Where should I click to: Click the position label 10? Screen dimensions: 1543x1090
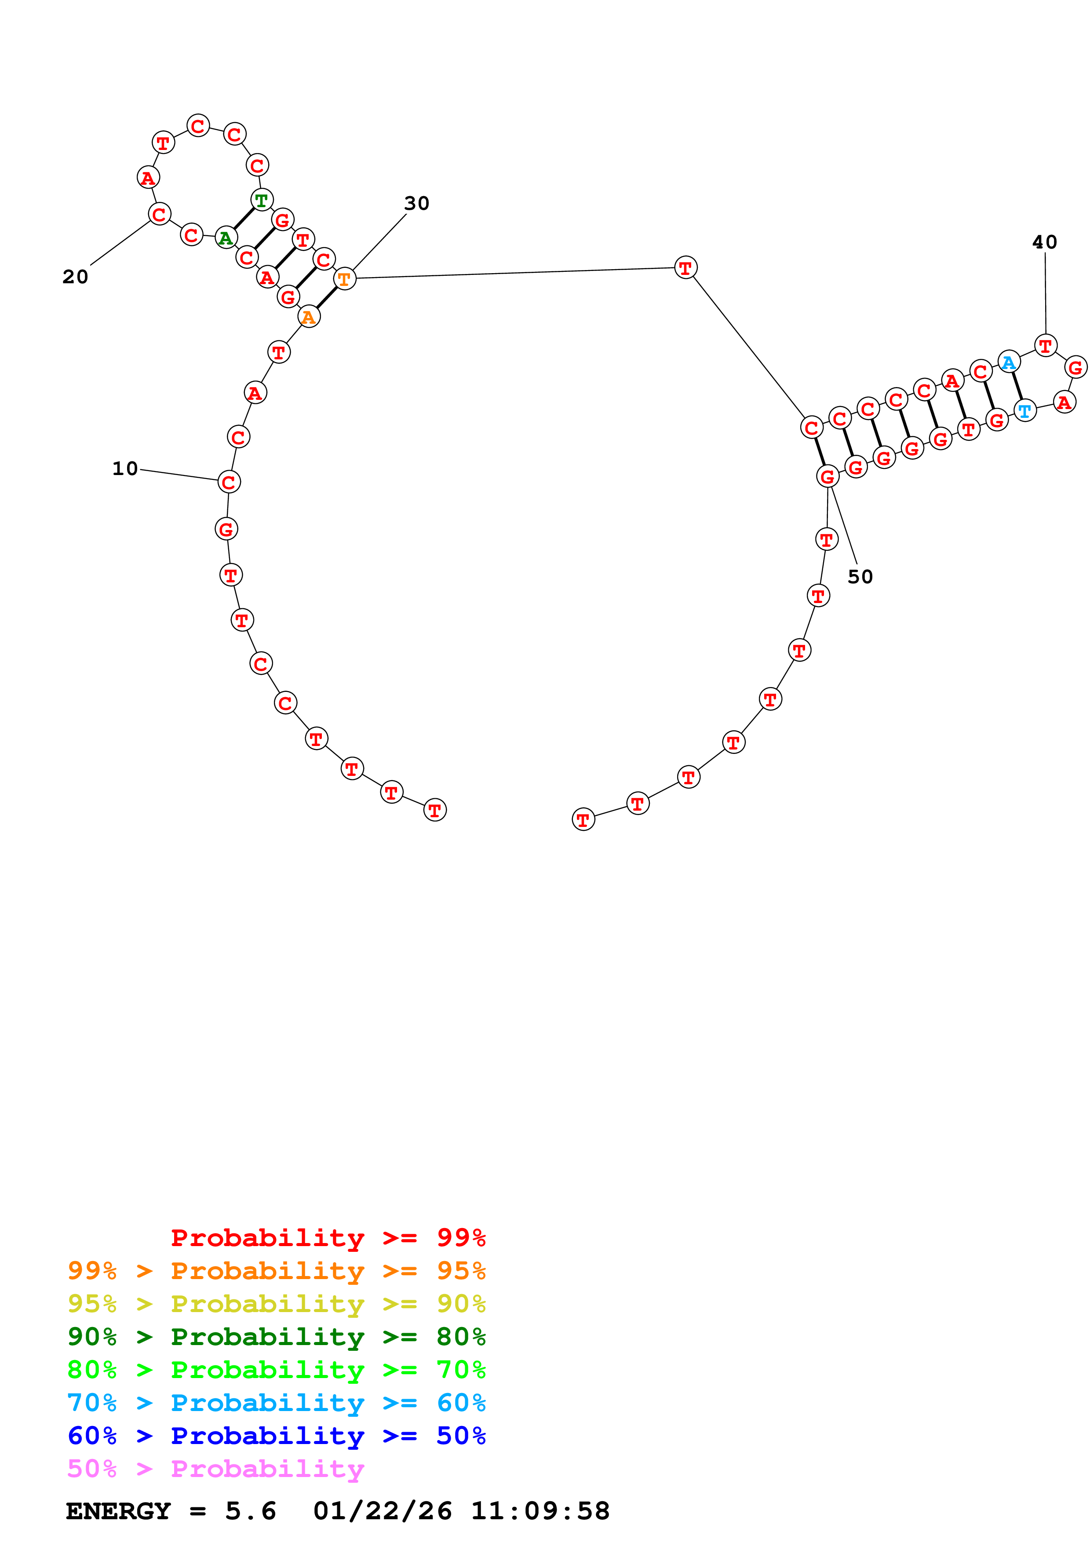(125, 468)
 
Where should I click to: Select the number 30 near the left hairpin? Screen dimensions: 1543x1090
(416, 203)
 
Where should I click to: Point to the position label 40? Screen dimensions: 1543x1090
(1044, 242)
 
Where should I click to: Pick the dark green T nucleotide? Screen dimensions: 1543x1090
(261, 200)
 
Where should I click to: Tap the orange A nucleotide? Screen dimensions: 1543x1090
(308, 317)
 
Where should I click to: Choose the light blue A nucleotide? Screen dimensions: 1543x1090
(1008, 362)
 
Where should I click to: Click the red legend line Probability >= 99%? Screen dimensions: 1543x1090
(328, 1237)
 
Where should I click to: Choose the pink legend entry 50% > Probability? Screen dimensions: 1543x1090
(215, 1468)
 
